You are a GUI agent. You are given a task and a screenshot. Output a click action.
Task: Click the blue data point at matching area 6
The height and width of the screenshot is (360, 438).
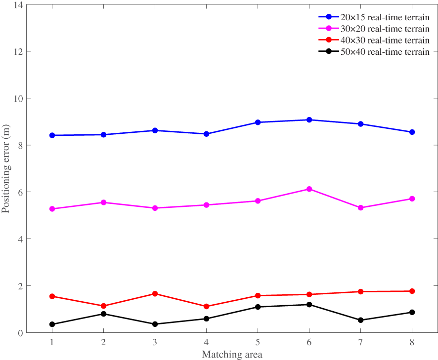pyautogui.click(x=309, y=120)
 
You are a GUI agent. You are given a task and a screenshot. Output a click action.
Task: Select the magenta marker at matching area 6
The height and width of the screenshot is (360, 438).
pyautogui.click(x=309, y=189)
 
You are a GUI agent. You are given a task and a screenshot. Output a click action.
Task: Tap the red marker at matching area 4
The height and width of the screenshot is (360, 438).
pyautogui.click(x=206, y=307)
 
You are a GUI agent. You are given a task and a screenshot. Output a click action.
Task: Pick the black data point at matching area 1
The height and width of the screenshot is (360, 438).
pyautogui.click(x=52, y=324)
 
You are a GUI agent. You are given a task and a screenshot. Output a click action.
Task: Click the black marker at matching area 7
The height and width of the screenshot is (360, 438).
pyautogui.click(x=360, y=320)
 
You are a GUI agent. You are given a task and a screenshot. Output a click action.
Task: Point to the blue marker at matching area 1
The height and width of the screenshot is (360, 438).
pyautogui.click(x=52, y=135)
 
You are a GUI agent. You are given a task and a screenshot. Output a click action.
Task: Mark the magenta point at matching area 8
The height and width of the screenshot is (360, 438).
pyautogui.click(x=412, y=199)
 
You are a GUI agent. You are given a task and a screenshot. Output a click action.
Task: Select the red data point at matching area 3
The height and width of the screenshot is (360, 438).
pyautogui.click(x=155, y=294)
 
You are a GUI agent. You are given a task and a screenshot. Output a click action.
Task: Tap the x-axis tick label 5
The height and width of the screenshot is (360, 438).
pyautogui.click(x=258, y=342)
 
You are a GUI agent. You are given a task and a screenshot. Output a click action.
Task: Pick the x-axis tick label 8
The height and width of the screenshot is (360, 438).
pyautogui.click(x=412, y=342)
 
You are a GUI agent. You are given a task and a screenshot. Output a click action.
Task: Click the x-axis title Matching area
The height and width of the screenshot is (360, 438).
pyautogui.click(x=232, y=354)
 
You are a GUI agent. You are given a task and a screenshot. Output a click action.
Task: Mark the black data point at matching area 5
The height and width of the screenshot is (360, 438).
pyautogui.click(x=258, y=307)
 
